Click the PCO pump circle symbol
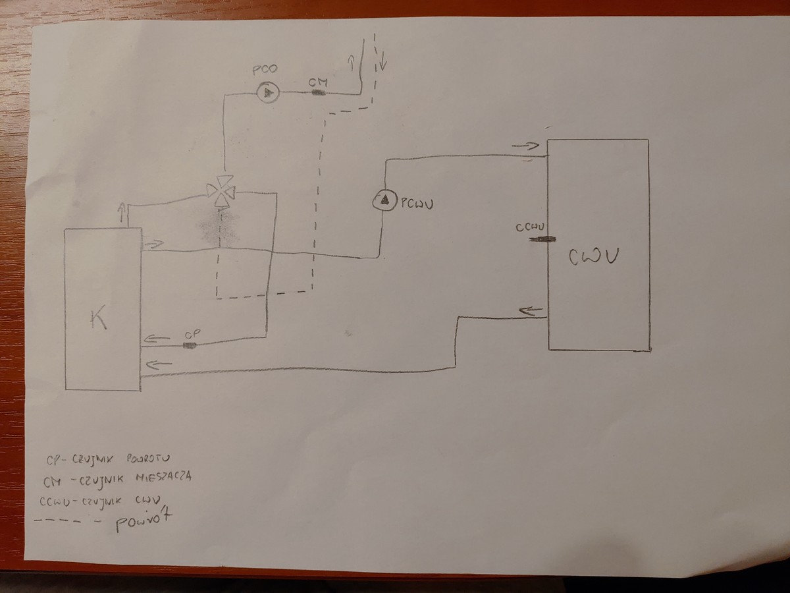point(267,93)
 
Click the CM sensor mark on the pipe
point(318,93)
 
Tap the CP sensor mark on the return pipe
point(190,345)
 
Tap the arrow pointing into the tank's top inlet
point(525,146)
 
